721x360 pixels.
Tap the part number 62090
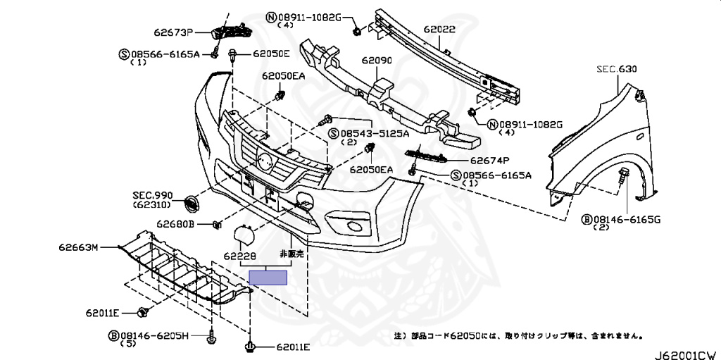tap(376, 61)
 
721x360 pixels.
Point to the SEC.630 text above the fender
tap(616, 70)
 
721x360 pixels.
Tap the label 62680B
tap(175, 224)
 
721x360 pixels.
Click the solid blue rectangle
tap(270, 277)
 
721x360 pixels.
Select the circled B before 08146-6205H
tap(113, 336)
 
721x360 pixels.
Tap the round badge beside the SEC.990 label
tap(190, 203)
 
